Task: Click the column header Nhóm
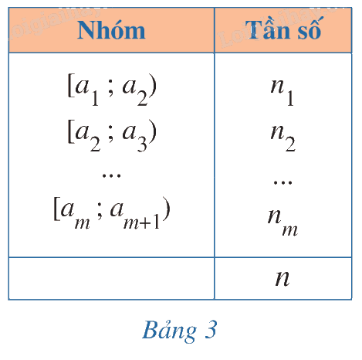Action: tap(111, 30)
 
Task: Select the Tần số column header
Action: tap(283, 29)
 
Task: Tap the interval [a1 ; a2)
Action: tap(112, 90)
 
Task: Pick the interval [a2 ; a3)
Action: tap(112, 135)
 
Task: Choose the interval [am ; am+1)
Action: tap(112, 213)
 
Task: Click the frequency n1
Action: tap(282, 92)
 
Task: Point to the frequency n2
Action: tap(282, 138)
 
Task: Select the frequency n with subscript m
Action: tap(282, 222)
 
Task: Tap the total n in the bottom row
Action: tap(282, 278)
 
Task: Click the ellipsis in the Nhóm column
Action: tap(111, 175)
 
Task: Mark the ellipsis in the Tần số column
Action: tap(282, 182)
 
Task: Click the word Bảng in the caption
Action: tap(169, 331)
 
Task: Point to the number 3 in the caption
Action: tap(211, 329)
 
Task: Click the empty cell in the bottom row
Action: tap(111, 278)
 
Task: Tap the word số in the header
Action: tap(310, 29)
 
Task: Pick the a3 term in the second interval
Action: tap(135, 137)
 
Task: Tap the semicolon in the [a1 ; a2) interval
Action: tap(110, 90)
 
